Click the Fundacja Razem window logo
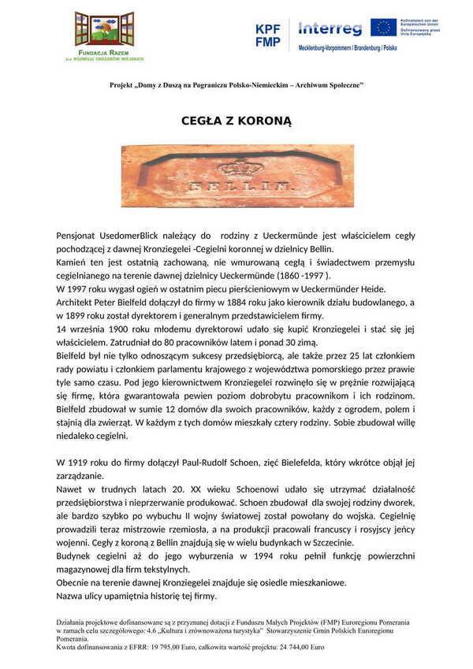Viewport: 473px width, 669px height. pos(104,30)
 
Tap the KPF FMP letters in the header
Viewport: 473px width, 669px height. pos(267,35)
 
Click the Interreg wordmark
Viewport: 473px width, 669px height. pos(330,28)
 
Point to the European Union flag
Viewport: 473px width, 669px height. pos(384,28)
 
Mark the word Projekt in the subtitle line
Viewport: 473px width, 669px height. pos(123,84)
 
